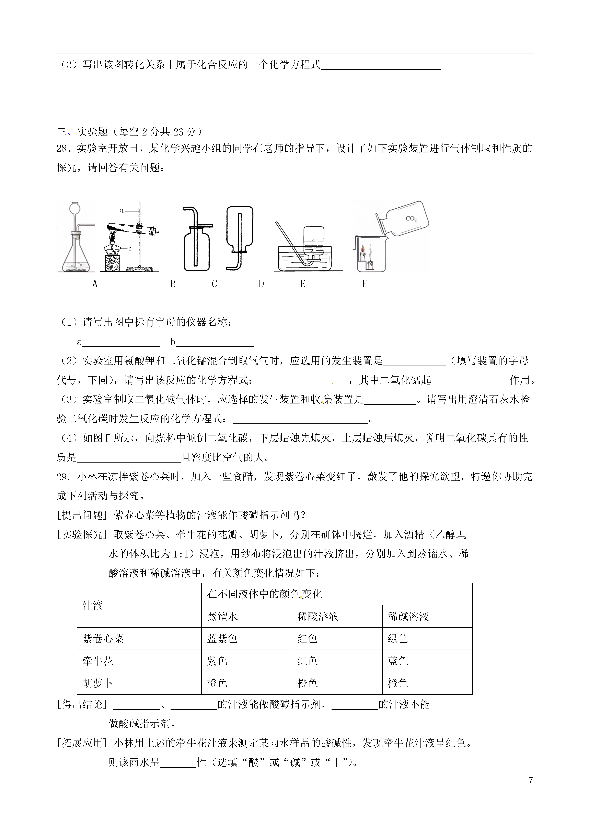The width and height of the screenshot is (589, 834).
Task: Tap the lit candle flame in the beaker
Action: click(362, 250)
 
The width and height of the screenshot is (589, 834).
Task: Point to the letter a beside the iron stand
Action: click(122, 211)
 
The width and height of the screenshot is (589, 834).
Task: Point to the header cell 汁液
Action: click(93, 605)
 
